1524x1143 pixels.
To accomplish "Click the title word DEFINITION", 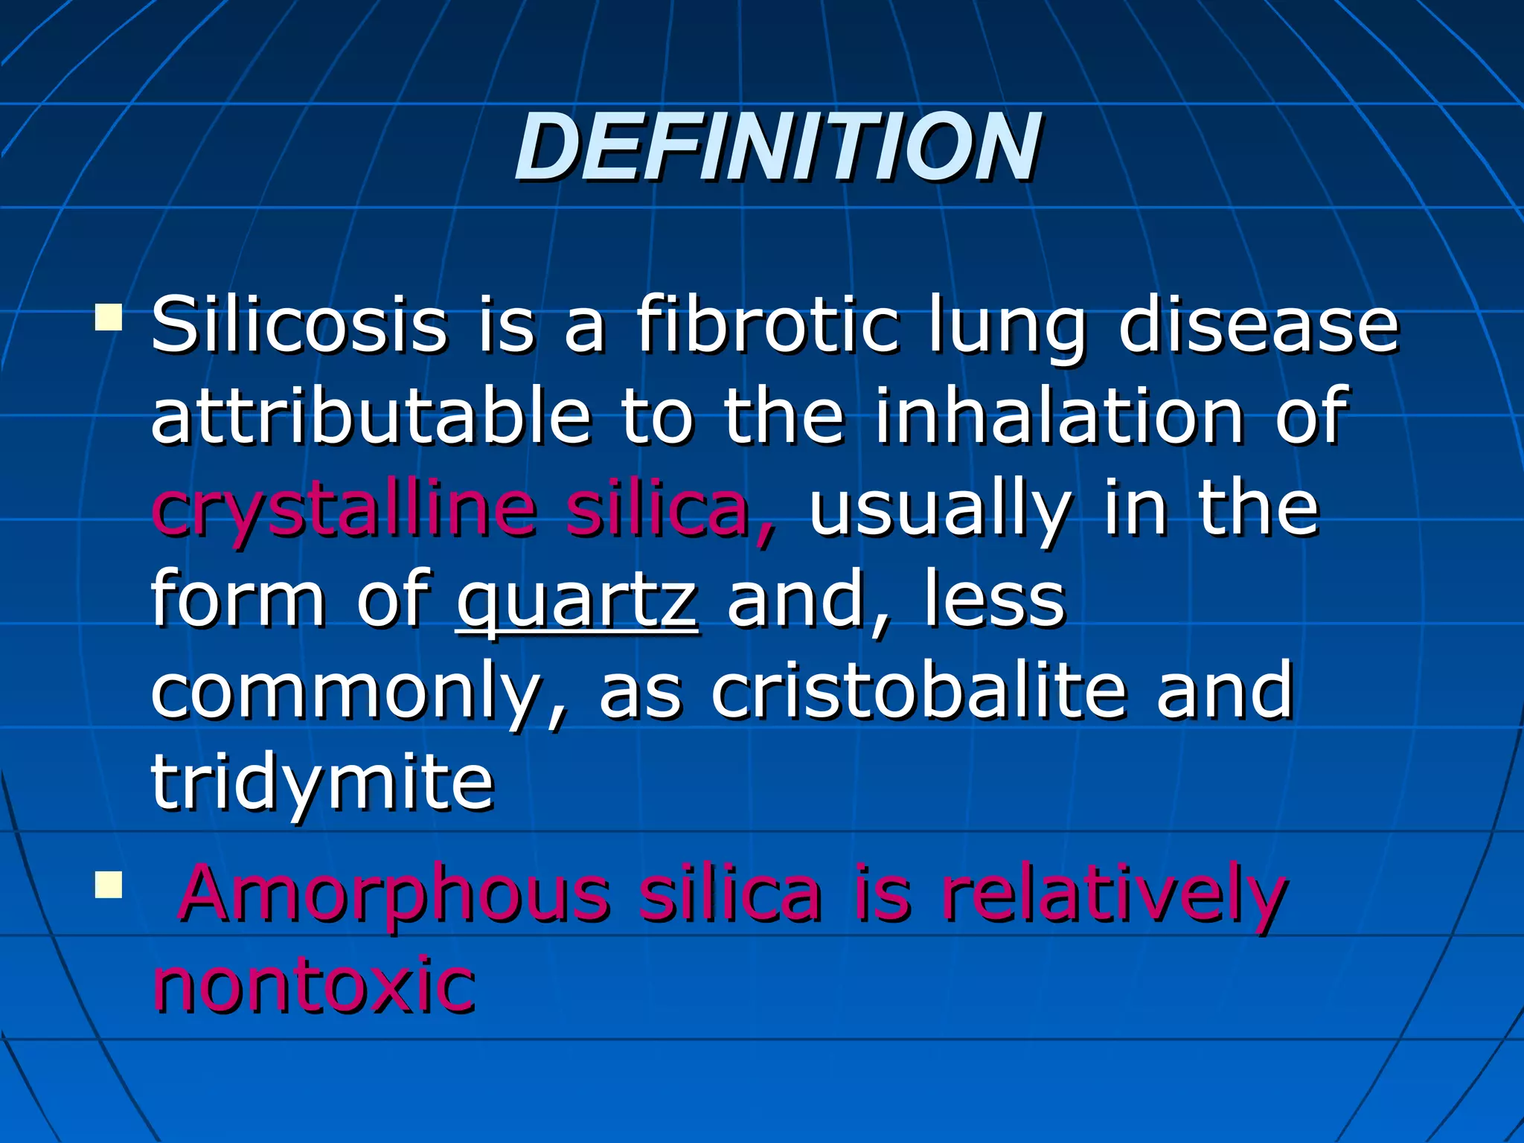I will coord(777,147).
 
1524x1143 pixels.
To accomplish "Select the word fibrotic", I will coord(766,326).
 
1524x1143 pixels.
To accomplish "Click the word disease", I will coord(1258,326).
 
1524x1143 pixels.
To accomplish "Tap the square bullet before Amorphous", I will coord(109,886).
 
